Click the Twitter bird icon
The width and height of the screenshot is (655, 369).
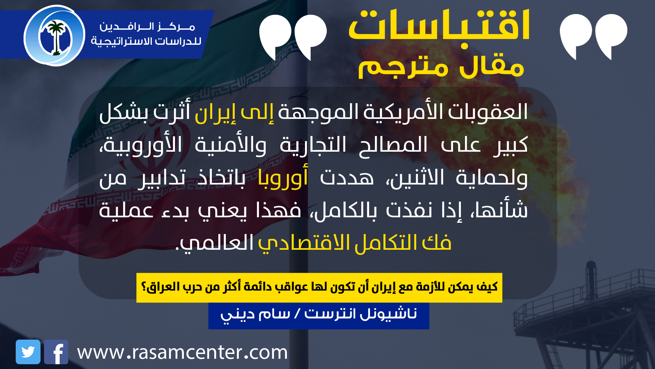tap(28, 352)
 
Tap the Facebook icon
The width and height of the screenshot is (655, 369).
tap(56, 352)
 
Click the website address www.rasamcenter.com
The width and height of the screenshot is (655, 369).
tap(183, 352)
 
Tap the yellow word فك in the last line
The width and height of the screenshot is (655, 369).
tap(437, 242)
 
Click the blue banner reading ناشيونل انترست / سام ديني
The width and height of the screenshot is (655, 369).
tap(319, 316)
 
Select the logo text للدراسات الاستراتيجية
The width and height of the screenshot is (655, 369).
tap(146, 41)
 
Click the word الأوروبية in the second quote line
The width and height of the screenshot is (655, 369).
tap(142, 145)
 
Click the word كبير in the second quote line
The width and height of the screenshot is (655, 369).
tap(511, 145)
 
